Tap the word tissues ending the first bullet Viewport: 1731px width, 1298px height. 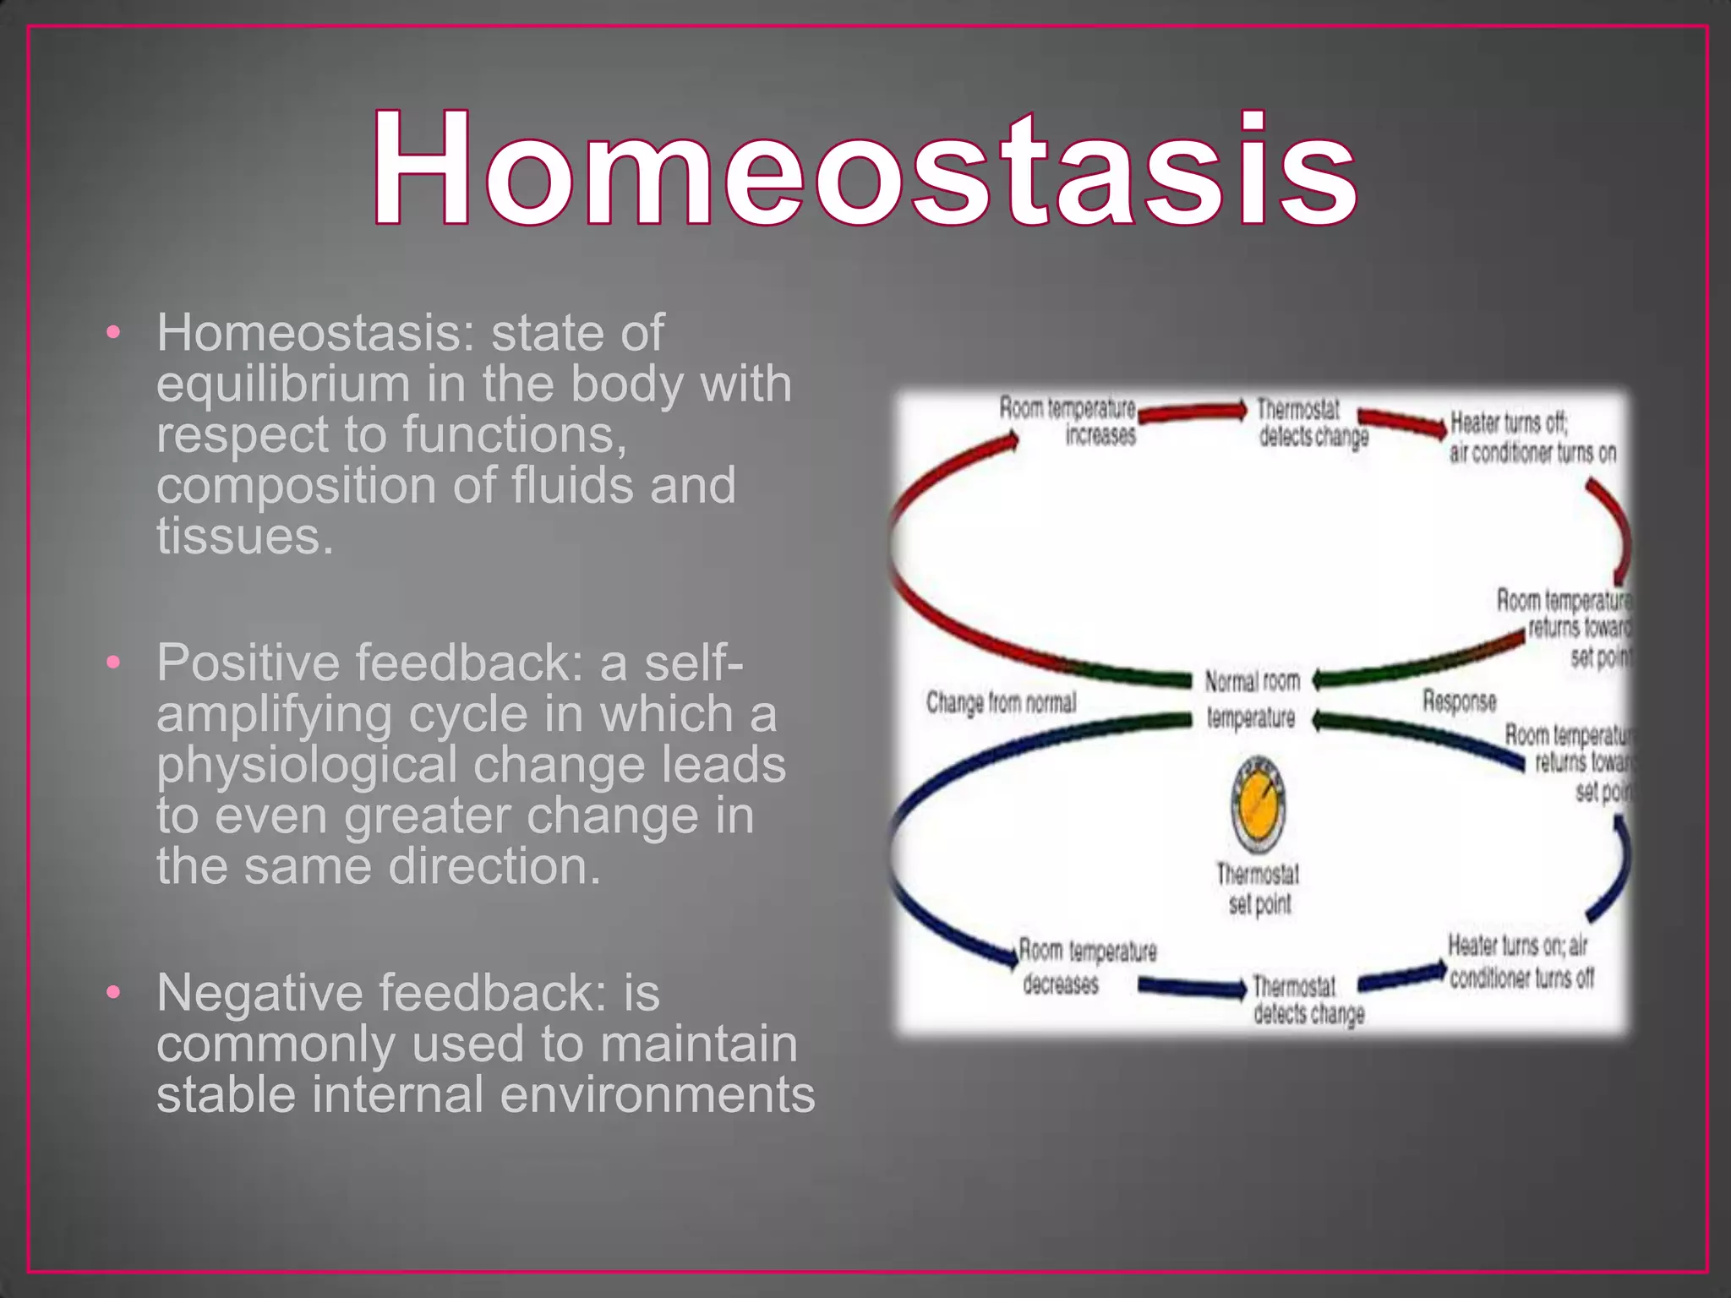tap(245, 537)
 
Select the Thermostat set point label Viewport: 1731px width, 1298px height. tap(1259, 889)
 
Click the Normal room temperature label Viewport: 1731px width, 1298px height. tap(1252, 699)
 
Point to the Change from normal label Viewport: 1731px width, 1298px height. tap(1001, 702)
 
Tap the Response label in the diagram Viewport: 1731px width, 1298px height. tap(1459, 701)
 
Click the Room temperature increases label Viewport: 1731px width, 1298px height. tap(1068, 422)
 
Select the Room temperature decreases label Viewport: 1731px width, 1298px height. tap(1085, 967)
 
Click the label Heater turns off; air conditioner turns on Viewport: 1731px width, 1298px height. tap(1532, 438)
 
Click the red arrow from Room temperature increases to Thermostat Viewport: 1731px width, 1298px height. tap(1192, 413)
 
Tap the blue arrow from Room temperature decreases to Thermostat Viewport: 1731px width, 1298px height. tap(1192, 986)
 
